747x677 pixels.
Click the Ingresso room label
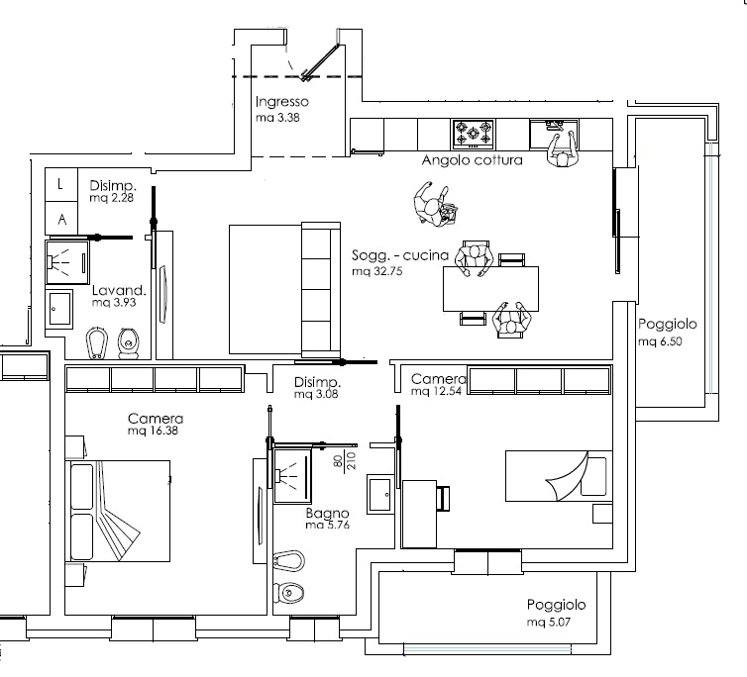pyautogui.click(x=282, y=102)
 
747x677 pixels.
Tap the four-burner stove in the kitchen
pyautogui.click(x=474, y=134)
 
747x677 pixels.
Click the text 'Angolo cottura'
pyautogui.click(x=473, y=160)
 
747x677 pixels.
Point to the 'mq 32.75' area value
pyautogui.click(x=377, y=271)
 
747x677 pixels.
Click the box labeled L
pyautogui.click(x=61, y=184)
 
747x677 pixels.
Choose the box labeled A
pyautogui.click(x=61, y=219)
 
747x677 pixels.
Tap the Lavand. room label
pyautogui.click(x=119, y=290)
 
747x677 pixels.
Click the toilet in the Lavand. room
pyautogui.click(x=128, y=342)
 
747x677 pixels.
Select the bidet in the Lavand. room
pyautogui.click(x=97, y=342)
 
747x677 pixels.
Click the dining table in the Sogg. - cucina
pyautogui.click(x=490, y=289)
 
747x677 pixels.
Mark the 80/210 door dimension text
pyautogui.click(x=345, y=461)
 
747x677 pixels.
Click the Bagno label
pyautogui.click(x=327, y=514)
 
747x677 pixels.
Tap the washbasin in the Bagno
pyautogui.click(x=380, y=494)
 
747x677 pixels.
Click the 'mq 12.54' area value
pyautogui.click(x=436, y=391)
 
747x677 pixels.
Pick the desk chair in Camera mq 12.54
pyautogui.click(x=443, y=499)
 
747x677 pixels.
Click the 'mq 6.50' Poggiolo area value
pyautogui.click(x=660, y=341)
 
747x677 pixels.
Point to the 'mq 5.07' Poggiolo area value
pyautogui.click(x=548, y=622)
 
